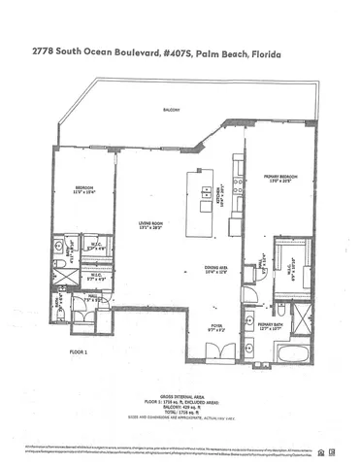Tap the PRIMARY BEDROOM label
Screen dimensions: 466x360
280,176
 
